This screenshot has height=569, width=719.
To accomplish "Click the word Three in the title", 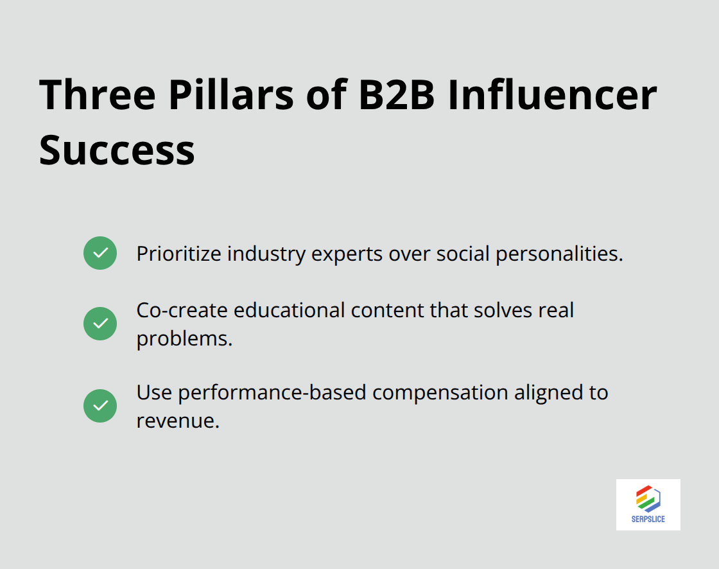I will click(x=97, y=94).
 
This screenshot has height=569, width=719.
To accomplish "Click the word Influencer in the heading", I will click(x=552, y=94).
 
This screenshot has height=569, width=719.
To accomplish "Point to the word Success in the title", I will click(x=117, y=150).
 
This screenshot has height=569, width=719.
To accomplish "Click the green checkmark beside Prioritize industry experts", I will click(x=100, y=253).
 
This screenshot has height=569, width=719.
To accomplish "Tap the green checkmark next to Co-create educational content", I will click(x=100, y=324).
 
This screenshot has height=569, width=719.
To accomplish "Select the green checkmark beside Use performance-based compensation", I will click(x=100, y=406).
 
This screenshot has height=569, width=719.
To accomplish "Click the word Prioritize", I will click(x=181, y=254).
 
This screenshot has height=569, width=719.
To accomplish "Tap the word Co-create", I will click(x=182, y=310).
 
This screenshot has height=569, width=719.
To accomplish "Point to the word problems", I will click(x=184, y=338).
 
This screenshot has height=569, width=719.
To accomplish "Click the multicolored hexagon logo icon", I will click(x=648, y=498).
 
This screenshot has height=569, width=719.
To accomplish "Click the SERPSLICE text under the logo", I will click(x=648, y=519).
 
